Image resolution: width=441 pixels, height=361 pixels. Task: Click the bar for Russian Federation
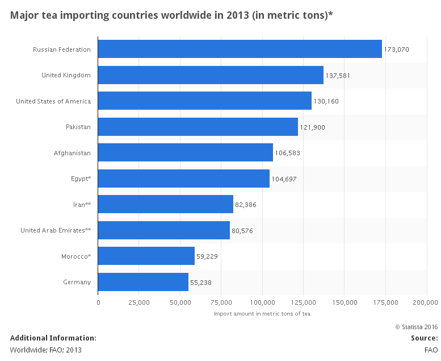coord(240,49)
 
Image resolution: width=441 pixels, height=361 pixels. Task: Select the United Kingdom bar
coord(211,75)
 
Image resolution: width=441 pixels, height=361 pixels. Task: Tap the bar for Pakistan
coord(198,127)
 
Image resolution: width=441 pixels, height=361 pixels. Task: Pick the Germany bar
coord(143,282)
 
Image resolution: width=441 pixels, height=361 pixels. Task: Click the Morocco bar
coord(146,256)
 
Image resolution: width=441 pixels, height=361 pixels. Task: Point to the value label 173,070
coord(397,50)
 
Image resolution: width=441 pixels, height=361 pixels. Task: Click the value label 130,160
coord(326,102)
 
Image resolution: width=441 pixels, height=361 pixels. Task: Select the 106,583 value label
coord(288,153)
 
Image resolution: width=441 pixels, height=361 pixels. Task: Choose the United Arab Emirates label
coord(56,230)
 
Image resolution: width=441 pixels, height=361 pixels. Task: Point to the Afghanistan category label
coord(72,153)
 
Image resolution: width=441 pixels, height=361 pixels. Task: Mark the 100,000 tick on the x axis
coord(262,302)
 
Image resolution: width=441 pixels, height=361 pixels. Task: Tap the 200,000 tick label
coord(426,302)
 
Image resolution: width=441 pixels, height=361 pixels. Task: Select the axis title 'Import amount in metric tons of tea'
coord(262,313)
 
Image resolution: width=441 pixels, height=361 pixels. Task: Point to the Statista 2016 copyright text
coord(416,326)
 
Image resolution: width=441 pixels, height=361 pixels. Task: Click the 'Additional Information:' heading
coord(53,338)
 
